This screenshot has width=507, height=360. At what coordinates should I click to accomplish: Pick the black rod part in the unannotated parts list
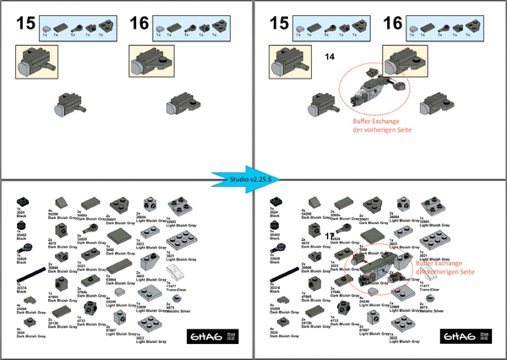click(33, 277)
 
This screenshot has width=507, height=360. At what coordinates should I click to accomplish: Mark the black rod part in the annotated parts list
click(286, 277)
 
